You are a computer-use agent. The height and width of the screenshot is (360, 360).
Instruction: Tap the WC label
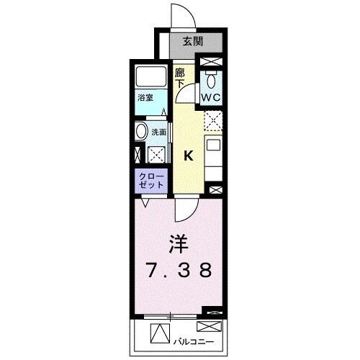click(210, 96)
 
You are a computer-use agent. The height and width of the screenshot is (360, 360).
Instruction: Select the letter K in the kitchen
click(189, 155)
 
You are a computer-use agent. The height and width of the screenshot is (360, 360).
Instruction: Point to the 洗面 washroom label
click(158, 132)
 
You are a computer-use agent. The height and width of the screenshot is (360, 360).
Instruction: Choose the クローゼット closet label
click(151, 179)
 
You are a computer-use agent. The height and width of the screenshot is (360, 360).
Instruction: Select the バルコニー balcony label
click(193, 335)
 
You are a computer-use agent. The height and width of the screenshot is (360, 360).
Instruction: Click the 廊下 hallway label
click(181, 77)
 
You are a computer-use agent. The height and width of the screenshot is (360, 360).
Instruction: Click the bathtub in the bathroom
click(150, 78)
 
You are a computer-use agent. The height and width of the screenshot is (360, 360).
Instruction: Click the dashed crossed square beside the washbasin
click(155, 153)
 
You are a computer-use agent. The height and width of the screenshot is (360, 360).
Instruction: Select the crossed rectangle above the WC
click(212, 62)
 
